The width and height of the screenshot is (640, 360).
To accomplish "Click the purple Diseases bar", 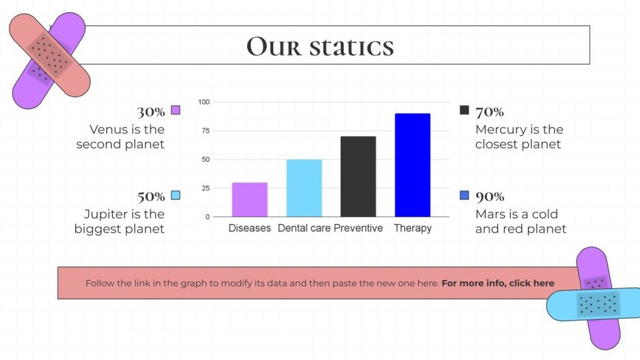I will tap(249, 199).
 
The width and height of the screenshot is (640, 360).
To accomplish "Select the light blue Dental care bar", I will tap(304, 188).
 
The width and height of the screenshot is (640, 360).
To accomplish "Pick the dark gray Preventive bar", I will tap(358, 176).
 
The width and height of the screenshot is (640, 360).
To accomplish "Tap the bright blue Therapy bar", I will tap(413, 165).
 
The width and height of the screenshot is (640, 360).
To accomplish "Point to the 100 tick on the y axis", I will tap(204, 102).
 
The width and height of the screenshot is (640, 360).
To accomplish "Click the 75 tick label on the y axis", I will tap(205, 130).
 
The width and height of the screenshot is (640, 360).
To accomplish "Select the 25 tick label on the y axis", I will tap(205, 188).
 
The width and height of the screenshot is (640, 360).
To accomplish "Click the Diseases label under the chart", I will tap(249, 228).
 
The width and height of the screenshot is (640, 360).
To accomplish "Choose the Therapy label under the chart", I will tap(413, 228).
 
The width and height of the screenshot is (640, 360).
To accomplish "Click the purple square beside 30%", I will tap(176, 110).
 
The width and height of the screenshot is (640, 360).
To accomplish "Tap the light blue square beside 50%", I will tap(176, 195).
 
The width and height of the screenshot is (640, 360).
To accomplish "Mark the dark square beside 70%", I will tap(464, 110).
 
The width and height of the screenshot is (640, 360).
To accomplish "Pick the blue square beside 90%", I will tap(464, 195).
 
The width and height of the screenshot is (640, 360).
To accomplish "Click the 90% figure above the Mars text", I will tap(490, 197).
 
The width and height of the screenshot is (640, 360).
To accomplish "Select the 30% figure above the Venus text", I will tap(151, 112).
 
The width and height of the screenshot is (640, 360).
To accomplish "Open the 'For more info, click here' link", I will tap(498, 283).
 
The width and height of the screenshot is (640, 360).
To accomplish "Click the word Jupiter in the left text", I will tap(105, 214).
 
